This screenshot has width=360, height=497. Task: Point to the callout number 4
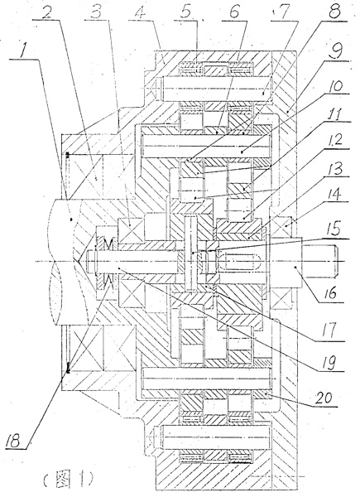coord(140,12)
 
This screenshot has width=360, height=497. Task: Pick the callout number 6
coord(233,12)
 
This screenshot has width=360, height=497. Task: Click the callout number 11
coord(334,113)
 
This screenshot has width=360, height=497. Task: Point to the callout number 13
coord(334,167)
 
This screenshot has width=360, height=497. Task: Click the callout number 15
coord(335,228)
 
